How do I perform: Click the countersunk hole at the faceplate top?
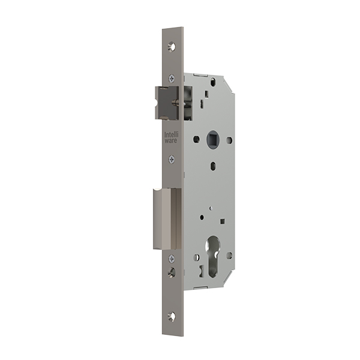click(172, 47)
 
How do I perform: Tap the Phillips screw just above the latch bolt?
click(172, 79)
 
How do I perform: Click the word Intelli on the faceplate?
click(171, 135)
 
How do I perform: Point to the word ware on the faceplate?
click(171, 141)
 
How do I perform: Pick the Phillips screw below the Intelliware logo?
click(172, 159)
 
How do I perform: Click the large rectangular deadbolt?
click(167, 219)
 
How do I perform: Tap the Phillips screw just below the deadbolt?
click(172, 259)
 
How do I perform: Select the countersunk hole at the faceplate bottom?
click(172, 316)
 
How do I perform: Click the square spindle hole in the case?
click(213, 137)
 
